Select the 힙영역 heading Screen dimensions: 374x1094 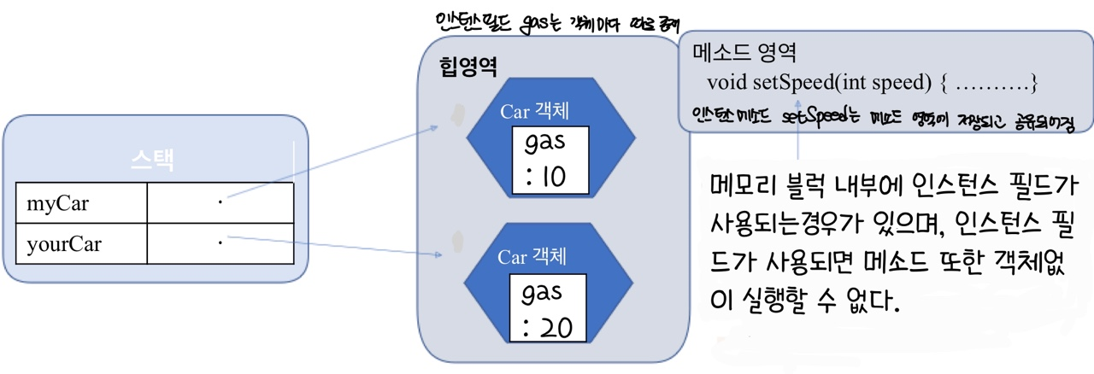(468, 67)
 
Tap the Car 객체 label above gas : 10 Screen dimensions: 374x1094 (534, 112)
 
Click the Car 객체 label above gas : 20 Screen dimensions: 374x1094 (533, 256)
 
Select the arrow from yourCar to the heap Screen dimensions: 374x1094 (333, 248)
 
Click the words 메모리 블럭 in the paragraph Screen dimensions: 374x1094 (760, 185)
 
